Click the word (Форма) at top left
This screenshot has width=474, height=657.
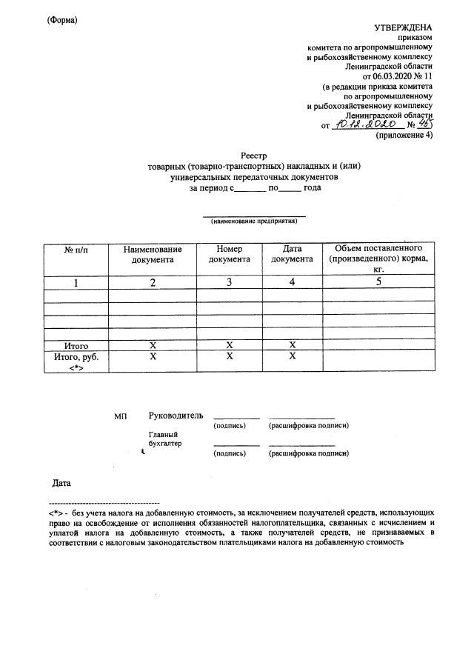pos(61,20)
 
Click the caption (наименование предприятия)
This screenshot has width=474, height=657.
pos(255,221)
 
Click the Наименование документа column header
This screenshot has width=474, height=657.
pos(153,255)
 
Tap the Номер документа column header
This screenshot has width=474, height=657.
pos(230,254)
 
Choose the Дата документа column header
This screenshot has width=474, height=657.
pos(292,254)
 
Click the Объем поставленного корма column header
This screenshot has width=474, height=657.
pos(378,259)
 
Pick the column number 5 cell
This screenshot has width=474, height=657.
pos(378,282)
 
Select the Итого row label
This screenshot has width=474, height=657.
pos(76,345)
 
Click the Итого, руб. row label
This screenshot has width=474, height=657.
pos(76,361)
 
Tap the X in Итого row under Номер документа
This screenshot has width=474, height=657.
pos(230,345)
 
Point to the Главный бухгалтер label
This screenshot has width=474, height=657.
pos(164,439)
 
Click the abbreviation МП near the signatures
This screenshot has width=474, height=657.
pos(121,416)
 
